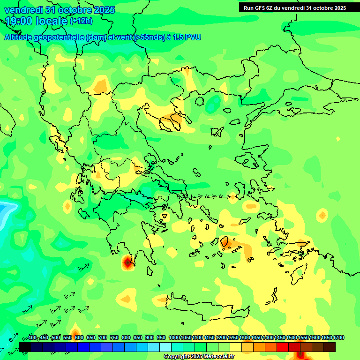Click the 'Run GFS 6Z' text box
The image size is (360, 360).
(x=295, y=7)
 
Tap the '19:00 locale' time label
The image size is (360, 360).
(x=37, y=21)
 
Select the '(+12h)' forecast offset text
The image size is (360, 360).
(x=81, y=21)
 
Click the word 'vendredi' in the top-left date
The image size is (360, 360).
(x=23, y=10)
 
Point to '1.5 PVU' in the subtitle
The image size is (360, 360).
(x=187, y=37)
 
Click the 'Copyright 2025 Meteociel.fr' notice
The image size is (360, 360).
(x=200, y=356)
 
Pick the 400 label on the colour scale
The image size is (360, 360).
(x=32, y=337)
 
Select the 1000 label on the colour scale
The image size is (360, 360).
(x=174, y=337)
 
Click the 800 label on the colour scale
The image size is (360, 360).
(x=126, y=337)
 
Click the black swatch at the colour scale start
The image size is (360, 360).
(x=25, y=347)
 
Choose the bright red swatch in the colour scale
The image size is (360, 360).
(x=283, y=347)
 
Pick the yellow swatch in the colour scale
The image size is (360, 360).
(x=236, y=347)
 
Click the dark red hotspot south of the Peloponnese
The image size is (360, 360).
(x=127, y=263)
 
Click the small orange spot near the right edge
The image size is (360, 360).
(x=322, y=216)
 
